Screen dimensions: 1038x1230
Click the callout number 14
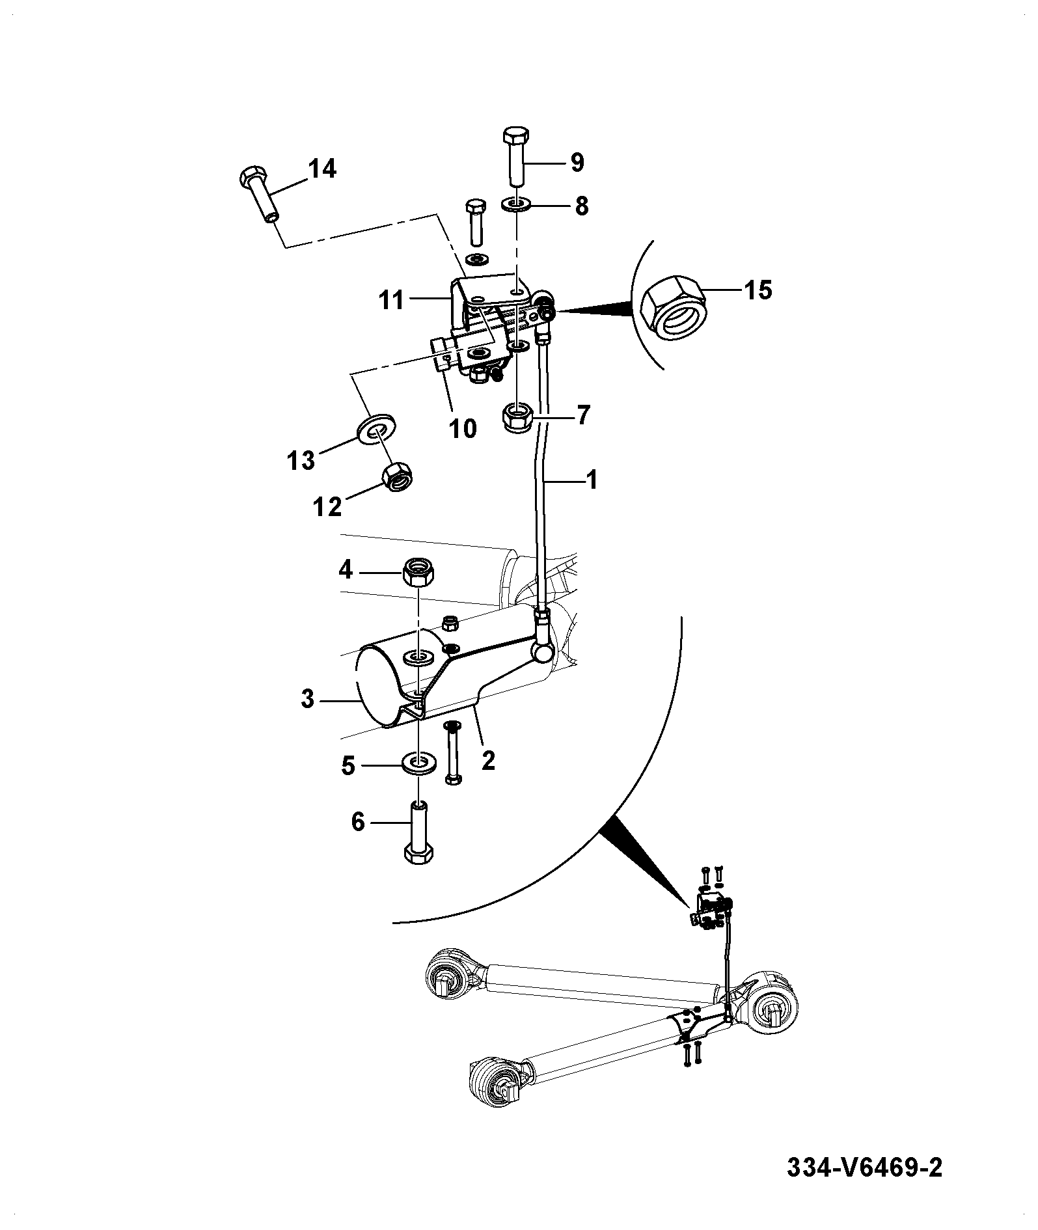(321, 169)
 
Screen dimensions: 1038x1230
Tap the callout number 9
(577, 162)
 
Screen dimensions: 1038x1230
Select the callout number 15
(758, 289)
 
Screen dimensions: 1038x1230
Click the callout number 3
(308, 700)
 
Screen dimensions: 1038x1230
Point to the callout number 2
(488, 760)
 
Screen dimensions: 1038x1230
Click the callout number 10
(463, 428)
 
